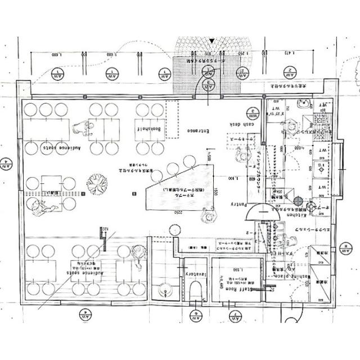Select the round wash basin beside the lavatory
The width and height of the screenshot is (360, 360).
(x=164, y=291)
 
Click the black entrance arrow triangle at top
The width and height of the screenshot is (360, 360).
(x=211, y=40)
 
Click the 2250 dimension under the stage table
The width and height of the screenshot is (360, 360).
(x=175, y=212)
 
